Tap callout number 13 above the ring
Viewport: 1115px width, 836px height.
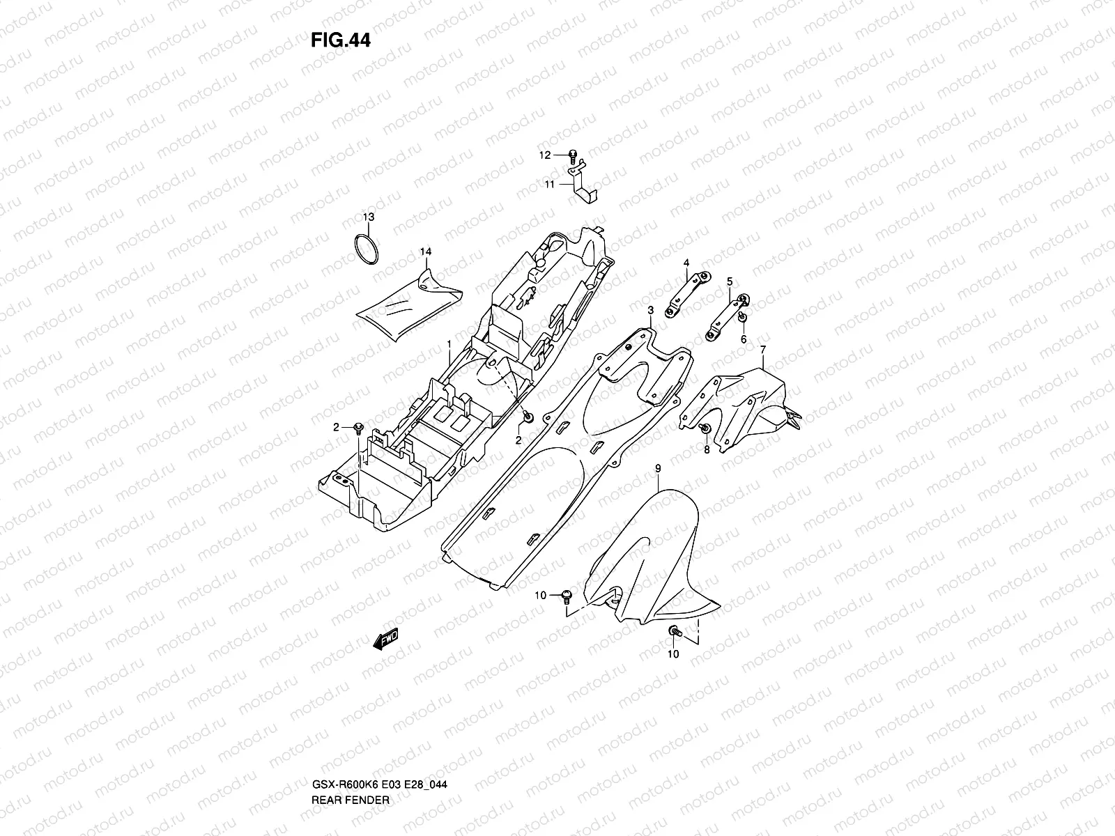tap(368, 217)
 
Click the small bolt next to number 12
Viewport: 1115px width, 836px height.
tap(572, 155)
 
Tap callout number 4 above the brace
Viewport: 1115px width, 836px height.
tap(686, 263)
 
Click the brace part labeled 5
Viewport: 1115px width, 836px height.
tap(725, 316)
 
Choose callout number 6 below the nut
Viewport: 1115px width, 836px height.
tap(744, 339)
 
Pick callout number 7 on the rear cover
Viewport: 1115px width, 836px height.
tap(763, 348)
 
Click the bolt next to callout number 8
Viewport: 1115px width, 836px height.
tap(705, 428)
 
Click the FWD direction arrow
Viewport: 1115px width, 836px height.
tap(385, 638)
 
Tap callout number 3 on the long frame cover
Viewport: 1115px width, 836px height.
tap(649, 310)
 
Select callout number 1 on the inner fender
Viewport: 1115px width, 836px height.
tap(449, 344)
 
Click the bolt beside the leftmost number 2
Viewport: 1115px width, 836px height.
tap(359, 426)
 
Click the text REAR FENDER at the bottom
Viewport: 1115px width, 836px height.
tap(351, 742)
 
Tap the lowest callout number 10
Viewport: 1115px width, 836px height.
tap(673, 653)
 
